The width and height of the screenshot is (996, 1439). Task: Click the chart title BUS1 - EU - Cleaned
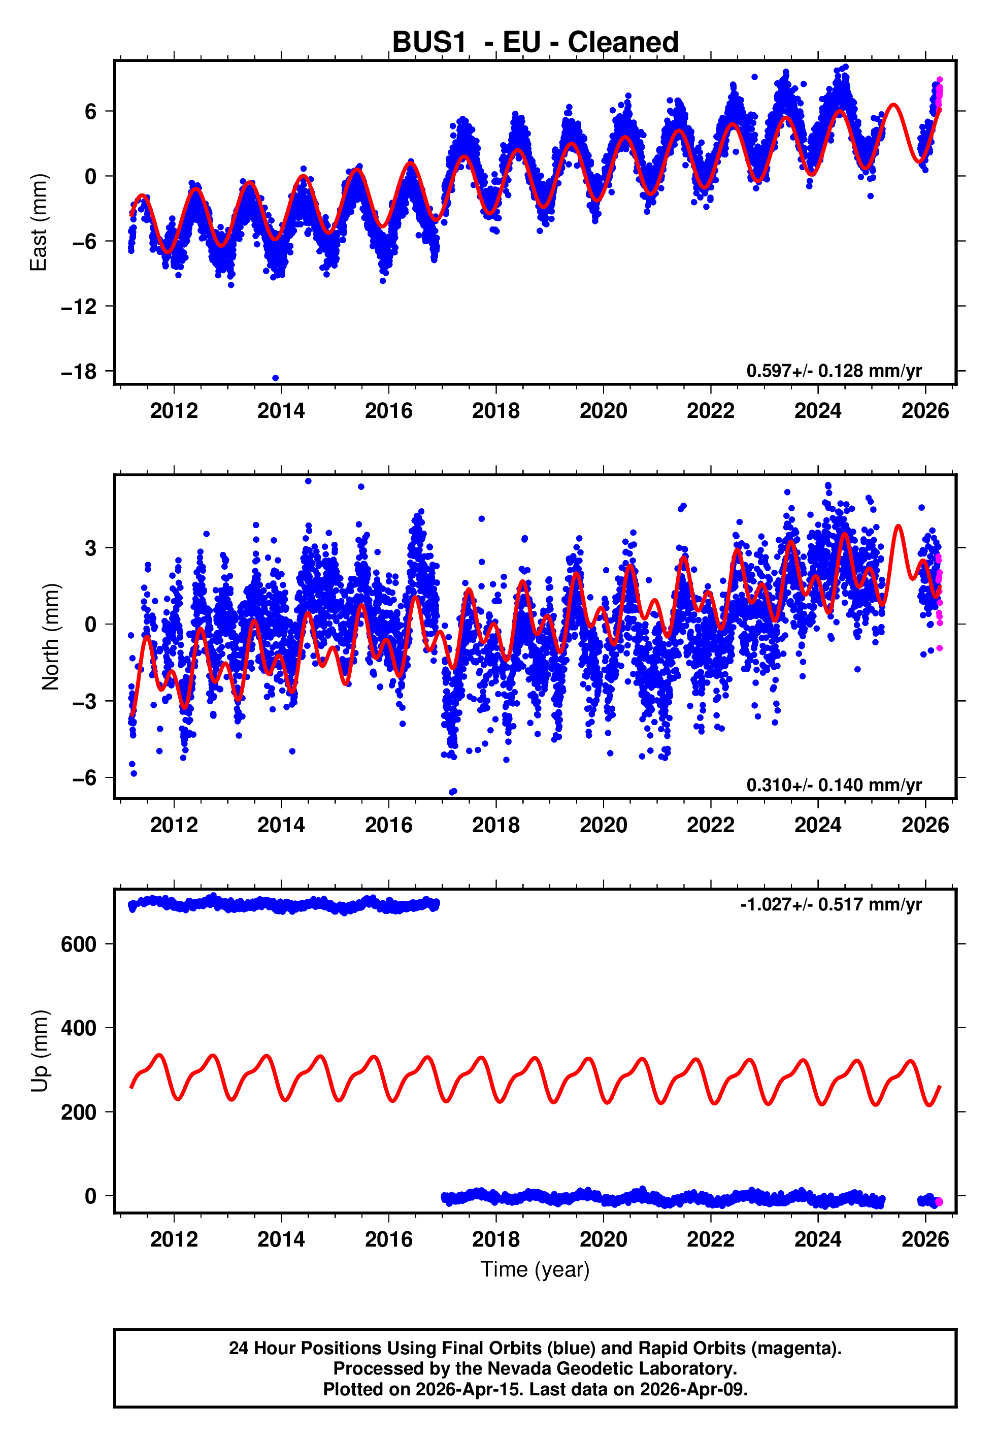click(535, 43)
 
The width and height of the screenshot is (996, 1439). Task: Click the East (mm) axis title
click(39, 222)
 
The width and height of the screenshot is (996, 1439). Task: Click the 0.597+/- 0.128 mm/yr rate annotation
click(834, 371)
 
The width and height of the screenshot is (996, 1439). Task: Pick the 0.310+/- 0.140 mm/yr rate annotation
click(834, 784)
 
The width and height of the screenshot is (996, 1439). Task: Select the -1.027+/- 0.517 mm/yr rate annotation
click(831, 904)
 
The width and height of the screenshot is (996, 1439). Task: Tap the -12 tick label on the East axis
click(79, 306)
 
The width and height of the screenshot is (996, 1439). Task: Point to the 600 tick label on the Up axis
click(79, 944)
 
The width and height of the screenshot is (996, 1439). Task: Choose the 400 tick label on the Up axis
click(79, 1028)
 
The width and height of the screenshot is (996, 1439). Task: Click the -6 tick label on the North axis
click(84, 777)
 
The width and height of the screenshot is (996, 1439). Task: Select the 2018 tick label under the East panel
click(495, 411)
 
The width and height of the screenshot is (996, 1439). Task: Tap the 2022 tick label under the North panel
click(710, 825)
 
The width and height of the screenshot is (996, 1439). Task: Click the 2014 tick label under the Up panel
click(281, 1239)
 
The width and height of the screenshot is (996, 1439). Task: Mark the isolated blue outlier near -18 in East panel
click(275, 378)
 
